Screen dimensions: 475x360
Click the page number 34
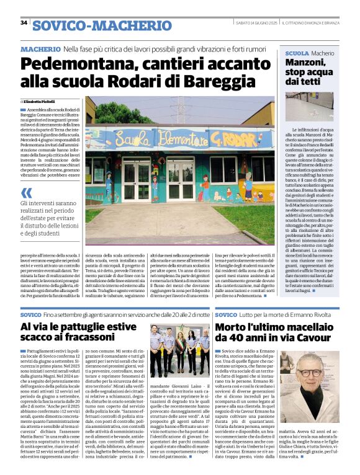click(24, 23)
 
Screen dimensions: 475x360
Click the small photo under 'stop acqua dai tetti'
click(312, 105)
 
